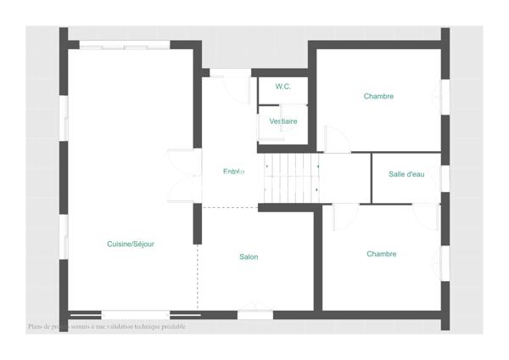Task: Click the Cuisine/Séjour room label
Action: tap(131, 244)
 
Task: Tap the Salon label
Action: tap(249, 256)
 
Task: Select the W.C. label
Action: tap(283, 87)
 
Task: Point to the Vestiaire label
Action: tap(283, 121)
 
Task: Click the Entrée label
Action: tap(233, 172)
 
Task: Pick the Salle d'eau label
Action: tap(406, 174)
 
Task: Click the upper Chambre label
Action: tap(378, 96)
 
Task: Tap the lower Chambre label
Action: tap(382, 254)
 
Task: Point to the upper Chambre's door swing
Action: tap(337, 140)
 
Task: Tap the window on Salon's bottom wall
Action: tap(255, 314)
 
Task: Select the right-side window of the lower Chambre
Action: tap(445, 263)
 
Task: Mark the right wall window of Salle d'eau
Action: tap(445, 178)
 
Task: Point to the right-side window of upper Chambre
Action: tap(445, 97)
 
